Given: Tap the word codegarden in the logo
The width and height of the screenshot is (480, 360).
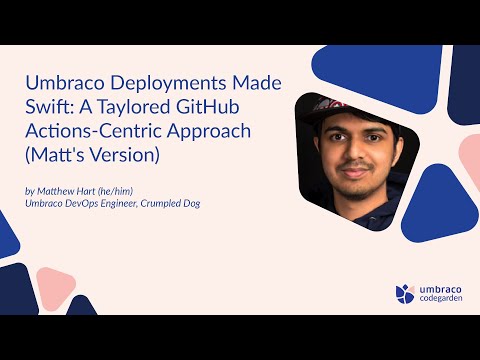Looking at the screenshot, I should click(441, 299).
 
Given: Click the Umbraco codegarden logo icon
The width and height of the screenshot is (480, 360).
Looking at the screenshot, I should click(404, 293).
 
